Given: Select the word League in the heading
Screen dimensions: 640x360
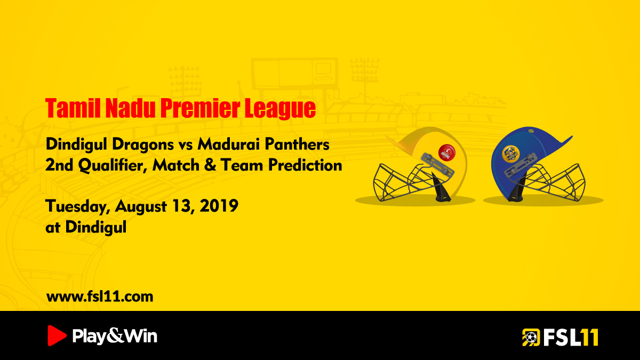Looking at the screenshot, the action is [280, 109].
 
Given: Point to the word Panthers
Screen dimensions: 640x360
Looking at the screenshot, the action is [297, 144].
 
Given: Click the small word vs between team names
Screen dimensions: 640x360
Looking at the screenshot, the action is [186, 146].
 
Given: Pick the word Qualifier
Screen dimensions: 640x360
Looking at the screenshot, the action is [110, 165].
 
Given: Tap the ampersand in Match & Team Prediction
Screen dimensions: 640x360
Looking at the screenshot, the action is [210, 165].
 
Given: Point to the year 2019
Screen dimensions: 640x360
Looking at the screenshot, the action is [219, 206].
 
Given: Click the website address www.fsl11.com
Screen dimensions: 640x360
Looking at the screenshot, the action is [100, 297].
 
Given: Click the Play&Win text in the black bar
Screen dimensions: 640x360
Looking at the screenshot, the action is [115, 336].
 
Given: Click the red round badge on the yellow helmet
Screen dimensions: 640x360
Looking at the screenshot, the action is [447, 153].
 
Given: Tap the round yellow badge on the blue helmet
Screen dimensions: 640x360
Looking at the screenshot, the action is [510, 154].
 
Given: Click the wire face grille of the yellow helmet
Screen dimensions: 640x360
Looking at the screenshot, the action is [406, 183].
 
